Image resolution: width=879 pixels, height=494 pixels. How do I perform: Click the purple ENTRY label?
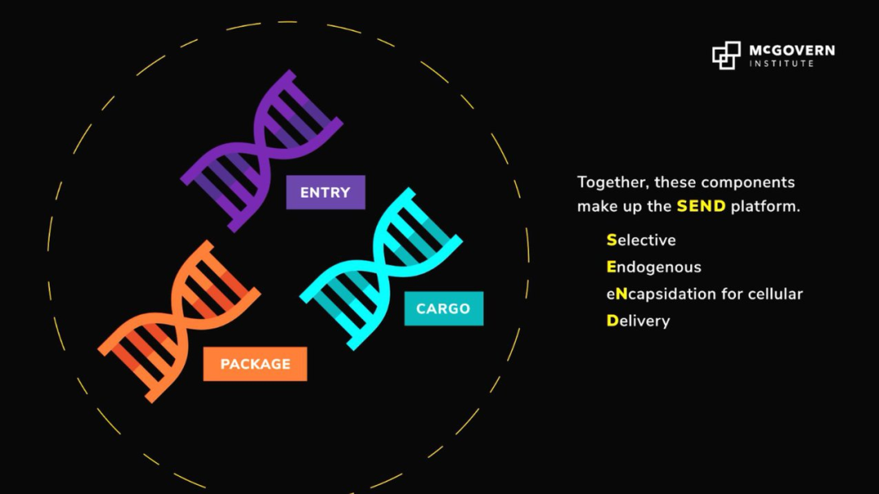pos(326,192)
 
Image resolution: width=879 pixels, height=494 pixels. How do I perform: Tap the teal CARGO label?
pos(444,308)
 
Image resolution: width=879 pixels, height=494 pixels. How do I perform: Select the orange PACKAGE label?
pos(255,364)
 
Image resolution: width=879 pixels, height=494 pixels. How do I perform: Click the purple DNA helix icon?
pos(261,151)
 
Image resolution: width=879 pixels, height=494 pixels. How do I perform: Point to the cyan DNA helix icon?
pos(381,269)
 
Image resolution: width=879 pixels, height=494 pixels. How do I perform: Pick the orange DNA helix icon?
pos(179,321)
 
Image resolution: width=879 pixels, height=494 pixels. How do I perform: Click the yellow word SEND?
pos(701,207)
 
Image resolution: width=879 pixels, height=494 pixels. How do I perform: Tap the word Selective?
pos(641,240)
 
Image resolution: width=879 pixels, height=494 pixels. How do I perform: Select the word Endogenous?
pos(654,268)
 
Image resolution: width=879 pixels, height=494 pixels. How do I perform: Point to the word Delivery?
pos(638,321)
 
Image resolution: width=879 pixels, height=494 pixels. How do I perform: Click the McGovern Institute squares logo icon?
pos(727,55)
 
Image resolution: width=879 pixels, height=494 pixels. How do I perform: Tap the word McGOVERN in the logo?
pos(792,50)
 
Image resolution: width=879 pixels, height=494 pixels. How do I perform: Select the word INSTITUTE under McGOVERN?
pos(782,63)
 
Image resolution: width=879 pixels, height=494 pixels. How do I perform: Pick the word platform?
pos(765,207)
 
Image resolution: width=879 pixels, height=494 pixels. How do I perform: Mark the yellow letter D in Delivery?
pos(612,321)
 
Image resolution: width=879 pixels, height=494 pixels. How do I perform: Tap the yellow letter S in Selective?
pos(611,240)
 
